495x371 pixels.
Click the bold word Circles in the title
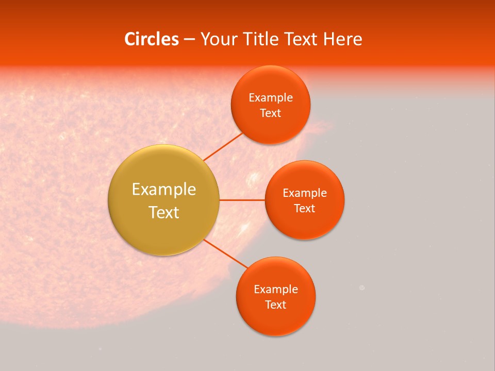click(x=151, y=39)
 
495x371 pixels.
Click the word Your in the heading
click(x=219, y=39)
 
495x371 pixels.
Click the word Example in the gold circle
click(x=164, y=190)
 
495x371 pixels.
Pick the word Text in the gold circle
click(x=164, y=212)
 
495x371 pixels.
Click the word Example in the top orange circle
click(x=271, y=97)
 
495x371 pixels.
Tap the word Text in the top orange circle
click(x=271, y=113)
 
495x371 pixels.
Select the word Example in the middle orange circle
click(x=305, y=193)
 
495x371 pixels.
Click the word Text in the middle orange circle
click(x=305, y=208)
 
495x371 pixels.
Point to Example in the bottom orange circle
click(x=276, y=289)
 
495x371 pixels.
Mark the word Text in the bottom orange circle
click(x=276, y=305)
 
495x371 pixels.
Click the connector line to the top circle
click(x=223, y=146)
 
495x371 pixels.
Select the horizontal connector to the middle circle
click(x=242, y=200)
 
